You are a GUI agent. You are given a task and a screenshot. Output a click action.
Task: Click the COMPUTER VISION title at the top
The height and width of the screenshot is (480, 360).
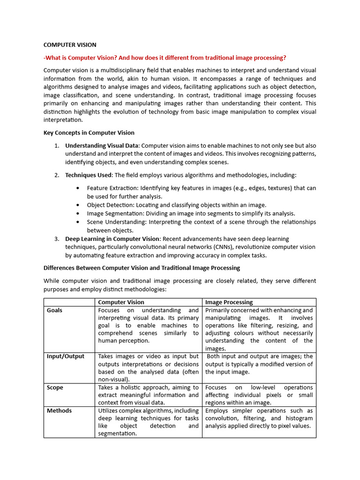(x=70, y=45)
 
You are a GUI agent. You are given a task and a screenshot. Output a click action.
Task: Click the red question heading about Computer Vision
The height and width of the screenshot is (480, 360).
(x=165, y=58)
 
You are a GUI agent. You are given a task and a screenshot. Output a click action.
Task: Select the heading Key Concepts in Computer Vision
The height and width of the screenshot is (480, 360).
(x=89, y=133)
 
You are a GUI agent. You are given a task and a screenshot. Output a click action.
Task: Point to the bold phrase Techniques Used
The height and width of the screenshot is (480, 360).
(x=88, y=175)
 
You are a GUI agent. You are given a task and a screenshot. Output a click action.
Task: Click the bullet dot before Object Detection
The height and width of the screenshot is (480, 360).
(x=77, y=205)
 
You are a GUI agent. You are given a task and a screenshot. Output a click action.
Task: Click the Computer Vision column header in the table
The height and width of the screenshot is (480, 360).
(x=121, y=302)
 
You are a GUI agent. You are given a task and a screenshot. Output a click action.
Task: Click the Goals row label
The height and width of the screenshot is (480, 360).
(x=54, y=310)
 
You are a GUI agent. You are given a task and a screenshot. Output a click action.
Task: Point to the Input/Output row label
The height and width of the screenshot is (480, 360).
(x=66, y=356)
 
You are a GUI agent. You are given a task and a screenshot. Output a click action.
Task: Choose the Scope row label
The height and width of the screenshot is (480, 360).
(x=55, y=388)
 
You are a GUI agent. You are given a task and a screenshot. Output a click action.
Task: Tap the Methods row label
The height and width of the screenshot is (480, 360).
(x=59, y=411)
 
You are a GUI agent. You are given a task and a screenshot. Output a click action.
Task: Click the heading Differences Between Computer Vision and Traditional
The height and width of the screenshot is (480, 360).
(x=142, y=268)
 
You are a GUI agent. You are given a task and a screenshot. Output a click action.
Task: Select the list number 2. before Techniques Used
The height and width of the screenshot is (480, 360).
(x=56, y=175)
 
